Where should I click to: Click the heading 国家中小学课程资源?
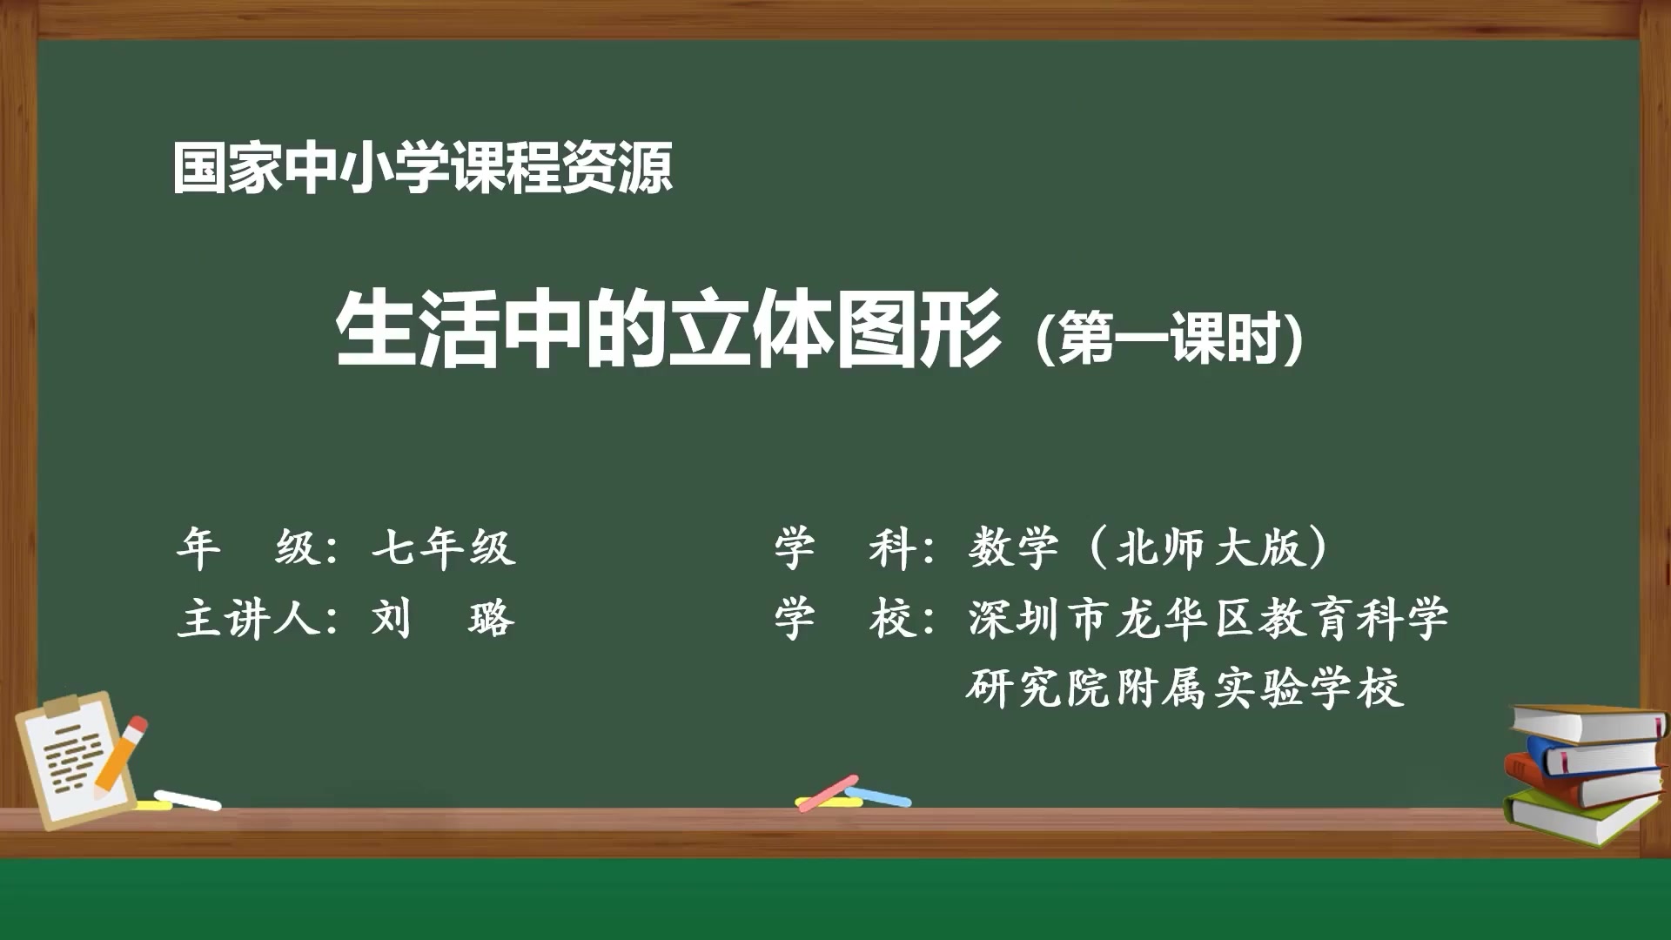423,168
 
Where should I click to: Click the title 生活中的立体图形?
668,331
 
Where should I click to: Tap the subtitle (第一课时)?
1169,338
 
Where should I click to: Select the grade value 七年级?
443,548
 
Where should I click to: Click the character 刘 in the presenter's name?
391,619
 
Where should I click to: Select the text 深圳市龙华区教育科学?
1208,619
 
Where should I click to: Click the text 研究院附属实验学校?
1184,688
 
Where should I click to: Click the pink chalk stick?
828,792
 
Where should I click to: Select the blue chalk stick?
879,796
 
